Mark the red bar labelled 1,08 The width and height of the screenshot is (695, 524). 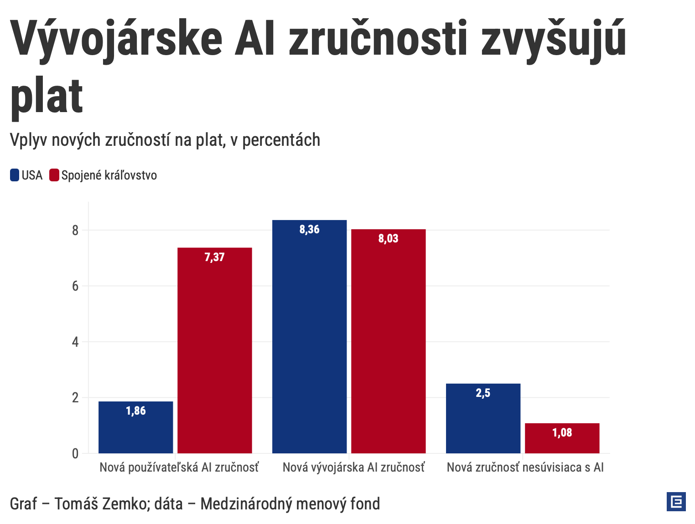(x=562, y=438)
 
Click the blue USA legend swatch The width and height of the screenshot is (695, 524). (x=15, y=175)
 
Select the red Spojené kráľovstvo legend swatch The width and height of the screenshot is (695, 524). (x=54, y=175)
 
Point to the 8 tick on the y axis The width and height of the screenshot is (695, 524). (x=75, y=231)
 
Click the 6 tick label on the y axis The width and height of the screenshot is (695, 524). (x=75, y=287)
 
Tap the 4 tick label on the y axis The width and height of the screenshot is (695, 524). (x=75, y=342)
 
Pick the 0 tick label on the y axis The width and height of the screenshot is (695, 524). (x=75, y=454)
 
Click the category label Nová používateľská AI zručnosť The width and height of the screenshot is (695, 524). (x=179, y=467)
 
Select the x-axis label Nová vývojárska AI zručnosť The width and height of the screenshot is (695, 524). (x=353, y=467)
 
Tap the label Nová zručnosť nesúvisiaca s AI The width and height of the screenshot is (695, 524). (x=525, y=467)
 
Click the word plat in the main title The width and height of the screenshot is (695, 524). (x=47, y=97)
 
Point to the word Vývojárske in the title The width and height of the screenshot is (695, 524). (x=117, y=39)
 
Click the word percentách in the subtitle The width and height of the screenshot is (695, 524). (x=281, y=140)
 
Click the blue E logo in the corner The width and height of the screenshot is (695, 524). (x=676, y=502)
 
